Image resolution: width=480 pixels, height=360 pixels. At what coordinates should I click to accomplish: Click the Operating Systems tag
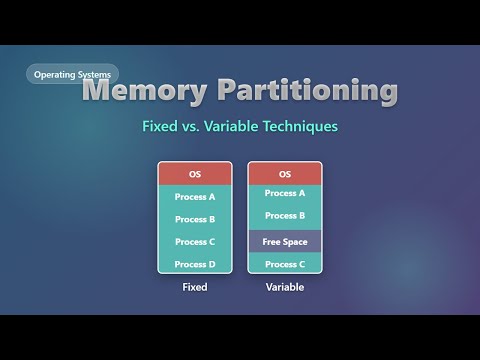click(72, 74)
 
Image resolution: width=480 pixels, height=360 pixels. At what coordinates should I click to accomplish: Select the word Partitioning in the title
click(315, 91)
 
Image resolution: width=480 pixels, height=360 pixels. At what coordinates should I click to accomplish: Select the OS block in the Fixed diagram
click(195, 174)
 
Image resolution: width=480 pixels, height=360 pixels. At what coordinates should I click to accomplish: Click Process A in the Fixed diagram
click(195, 197)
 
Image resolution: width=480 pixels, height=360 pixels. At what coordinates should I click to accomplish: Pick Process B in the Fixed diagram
click(195, 219)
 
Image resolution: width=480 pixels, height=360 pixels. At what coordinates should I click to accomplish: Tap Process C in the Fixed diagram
click(195, 242)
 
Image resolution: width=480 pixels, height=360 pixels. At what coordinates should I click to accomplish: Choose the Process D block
click(195, 264)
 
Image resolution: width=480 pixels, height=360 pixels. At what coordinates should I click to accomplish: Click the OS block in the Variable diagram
click(285, 174)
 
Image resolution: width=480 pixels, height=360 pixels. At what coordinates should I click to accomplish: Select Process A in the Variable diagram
click(285, 194)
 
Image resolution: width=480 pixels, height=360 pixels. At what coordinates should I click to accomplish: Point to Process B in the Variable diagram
click(285, 216)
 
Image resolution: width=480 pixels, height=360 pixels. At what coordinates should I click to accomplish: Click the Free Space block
click(285, 242)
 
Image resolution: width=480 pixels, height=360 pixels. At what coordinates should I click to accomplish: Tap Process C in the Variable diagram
click(285, 264)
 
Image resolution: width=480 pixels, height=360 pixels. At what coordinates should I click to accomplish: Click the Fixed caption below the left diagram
click(195, 287)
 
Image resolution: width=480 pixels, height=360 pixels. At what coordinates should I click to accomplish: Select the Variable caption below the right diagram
click(285, 287)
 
